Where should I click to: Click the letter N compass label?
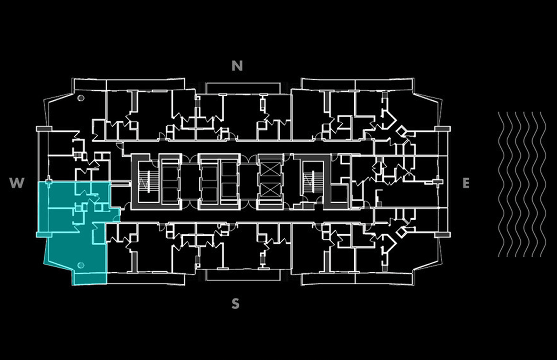[238, 66]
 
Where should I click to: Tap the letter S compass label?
[236, 304]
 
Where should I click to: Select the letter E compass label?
[466, 183]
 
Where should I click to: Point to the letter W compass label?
[17, 183]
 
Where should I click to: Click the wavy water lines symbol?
[522, 184]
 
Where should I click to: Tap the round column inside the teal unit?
[81, 266]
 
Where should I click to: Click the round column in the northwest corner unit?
[81, 99]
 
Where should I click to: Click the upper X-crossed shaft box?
[271, 169]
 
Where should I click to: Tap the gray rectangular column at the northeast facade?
[442, 128]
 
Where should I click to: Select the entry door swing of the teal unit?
[117, 217]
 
